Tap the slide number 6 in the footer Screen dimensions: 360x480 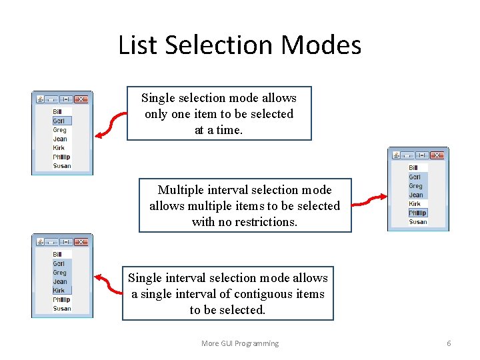point(449,343)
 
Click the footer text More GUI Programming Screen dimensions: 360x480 point(240,343)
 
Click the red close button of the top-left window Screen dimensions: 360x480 point(80,99)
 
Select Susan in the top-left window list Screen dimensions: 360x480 point(62,166)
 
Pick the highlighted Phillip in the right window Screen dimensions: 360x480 point(417,213)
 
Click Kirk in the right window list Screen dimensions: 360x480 point(415,204)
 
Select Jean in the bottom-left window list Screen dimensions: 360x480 point(60,282)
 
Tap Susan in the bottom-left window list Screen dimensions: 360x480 point(62,309)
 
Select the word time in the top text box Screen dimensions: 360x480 point(227,130)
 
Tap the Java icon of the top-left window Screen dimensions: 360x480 point(40,99)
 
